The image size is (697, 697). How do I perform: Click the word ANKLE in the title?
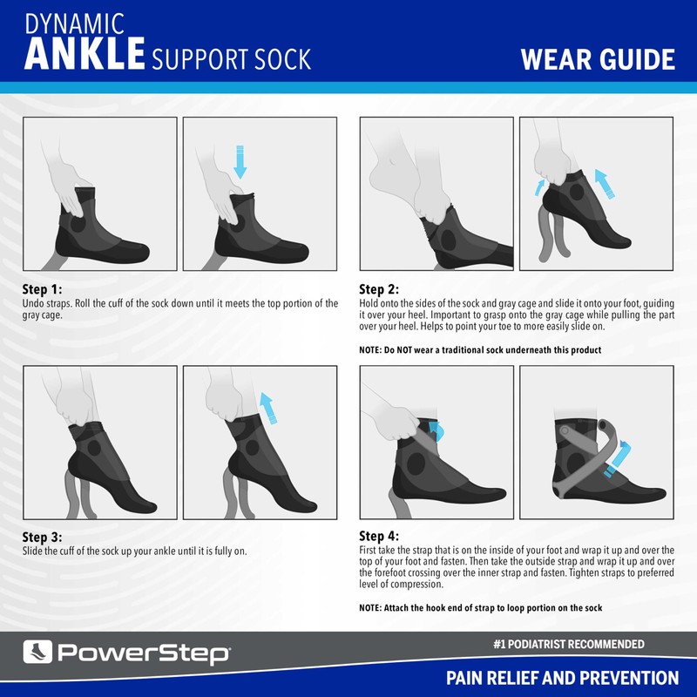click(x=85, y=53)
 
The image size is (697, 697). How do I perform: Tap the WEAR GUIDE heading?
click(x=597, y=59)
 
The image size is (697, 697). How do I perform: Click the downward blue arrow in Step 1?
click(x=241, y=159)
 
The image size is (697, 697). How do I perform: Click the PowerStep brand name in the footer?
click(x=144, y=653)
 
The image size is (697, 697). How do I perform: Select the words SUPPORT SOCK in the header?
click(x=231, y=59)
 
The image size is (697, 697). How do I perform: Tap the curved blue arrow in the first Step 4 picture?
click(x=436, y=430)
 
